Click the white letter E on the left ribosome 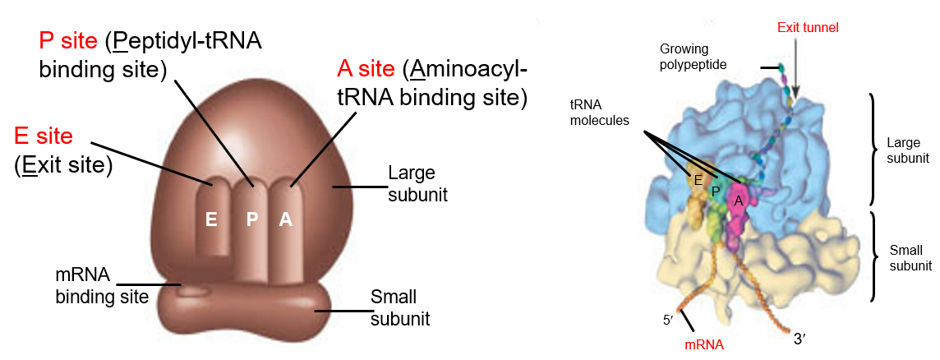(211, 219)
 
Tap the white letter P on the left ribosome (252, 219)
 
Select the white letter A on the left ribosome (285, 219)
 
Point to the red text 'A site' (367, 69)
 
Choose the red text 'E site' (44, 136)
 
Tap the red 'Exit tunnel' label (809, 28)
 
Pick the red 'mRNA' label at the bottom (704, 345)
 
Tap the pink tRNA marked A (739, 202)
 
